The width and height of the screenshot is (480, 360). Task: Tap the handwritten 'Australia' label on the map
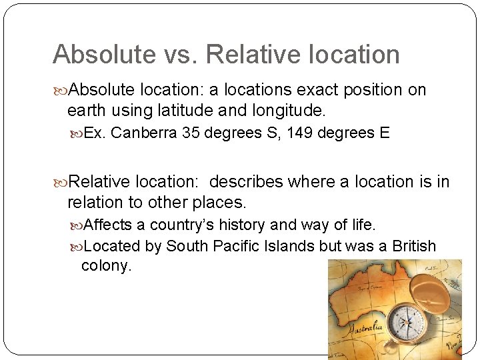[364, 326]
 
